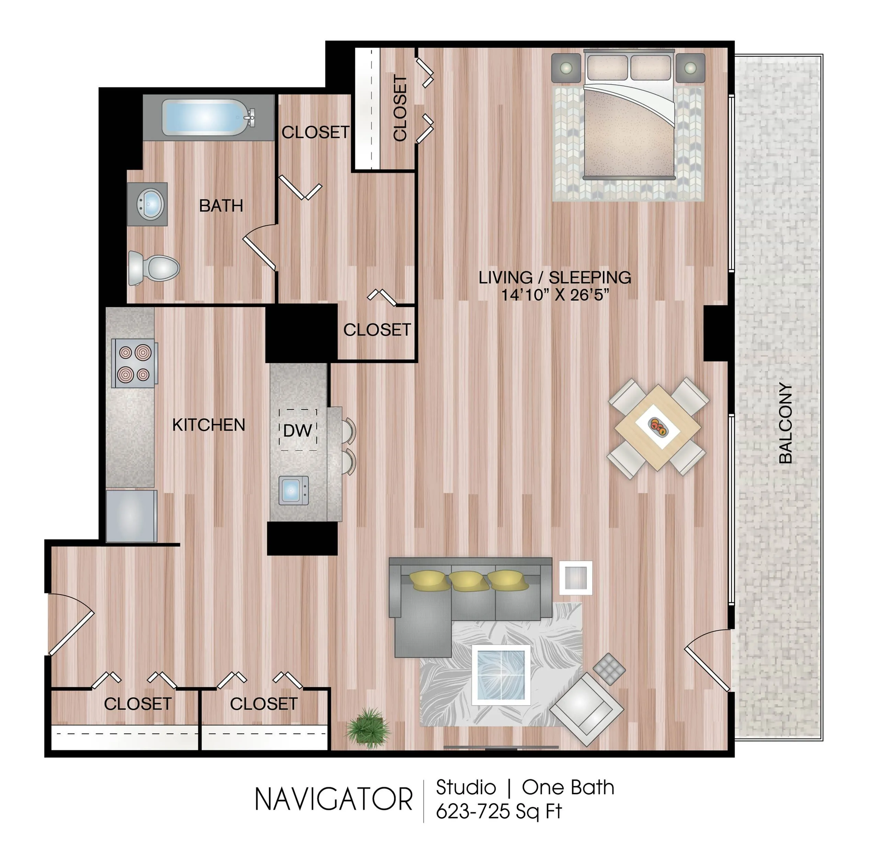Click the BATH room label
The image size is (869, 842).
[x=221, y=206]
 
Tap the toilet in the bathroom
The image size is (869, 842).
[x=154, y=268]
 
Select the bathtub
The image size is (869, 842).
[x=208, y=117]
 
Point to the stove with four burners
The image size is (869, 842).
[x=134, y=363]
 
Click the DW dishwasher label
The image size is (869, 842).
[x=297, y=430]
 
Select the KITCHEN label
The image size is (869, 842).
[x=208, y=425]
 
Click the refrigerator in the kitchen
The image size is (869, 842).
[x=131, y=516]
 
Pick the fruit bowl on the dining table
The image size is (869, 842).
[x=657, y=426]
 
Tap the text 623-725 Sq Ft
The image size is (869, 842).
[x=499, y=812]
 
